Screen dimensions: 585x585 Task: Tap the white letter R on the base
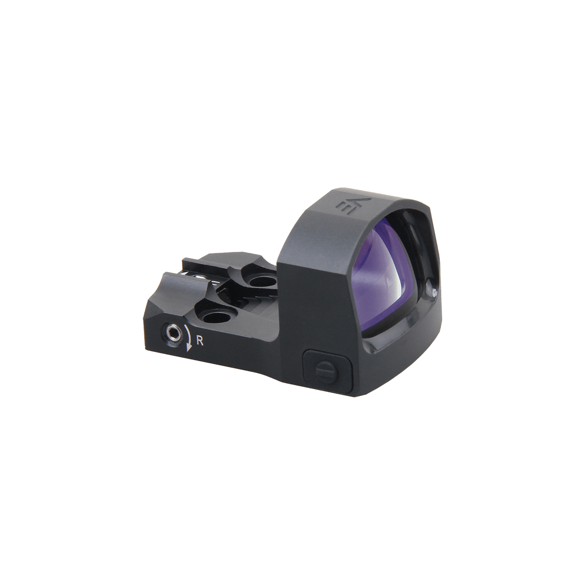pyautogui.click(x=200, y=340)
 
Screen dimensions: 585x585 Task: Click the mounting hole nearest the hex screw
pyautogui.click(x=217, y=318)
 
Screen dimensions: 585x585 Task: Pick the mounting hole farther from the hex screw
pyautogui.click(x=261, y=281)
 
